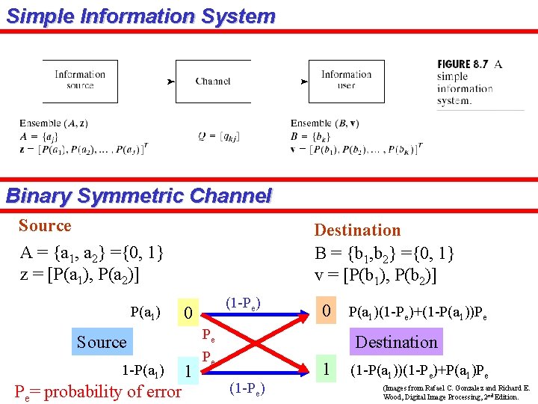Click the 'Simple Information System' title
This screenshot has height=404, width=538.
[140, 16]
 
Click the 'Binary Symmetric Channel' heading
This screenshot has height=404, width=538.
[138, 197]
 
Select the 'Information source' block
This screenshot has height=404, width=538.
[79, 80]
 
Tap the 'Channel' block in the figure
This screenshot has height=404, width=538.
[213, 81]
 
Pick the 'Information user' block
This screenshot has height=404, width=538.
[346, 80]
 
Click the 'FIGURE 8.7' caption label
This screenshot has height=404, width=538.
[463, 64]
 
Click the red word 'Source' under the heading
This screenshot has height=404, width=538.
[45, 226]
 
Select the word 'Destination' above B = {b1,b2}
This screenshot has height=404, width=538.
[357, 230]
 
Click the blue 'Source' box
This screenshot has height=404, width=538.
[102, 342]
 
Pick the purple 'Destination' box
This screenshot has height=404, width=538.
[396, 342]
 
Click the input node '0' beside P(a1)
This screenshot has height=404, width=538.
[189, 311]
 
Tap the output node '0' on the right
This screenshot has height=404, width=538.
[326, 310]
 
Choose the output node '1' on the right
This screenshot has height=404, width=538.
[326, 368]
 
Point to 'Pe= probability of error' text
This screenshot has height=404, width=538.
[98, 391]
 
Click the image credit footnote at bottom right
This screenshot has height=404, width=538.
[456, 393]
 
